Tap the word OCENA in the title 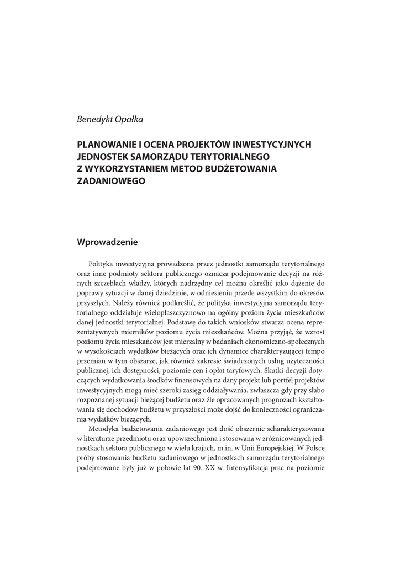coord(161,145)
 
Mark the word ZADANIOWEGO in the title coord(110,180)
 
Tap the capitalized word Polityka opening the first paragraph coord(102,264)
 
